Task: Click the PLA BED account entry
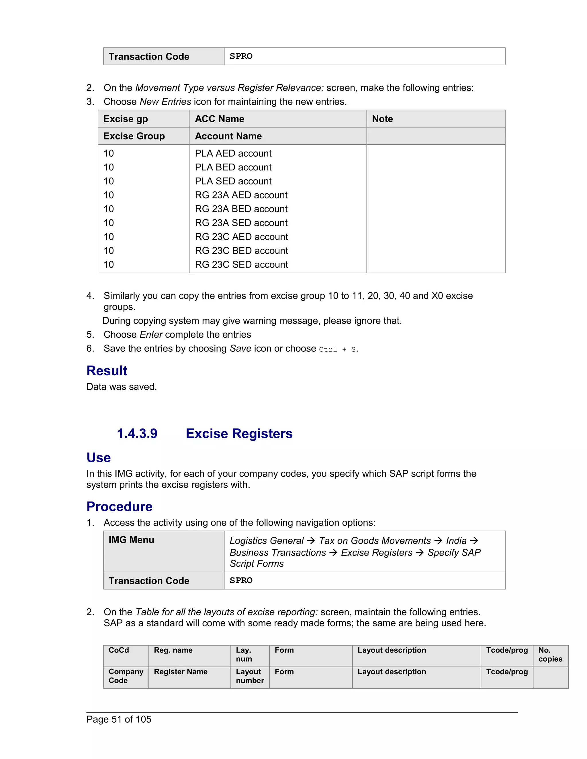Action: point(233,167)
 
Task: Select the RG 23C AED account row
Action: point(241,237)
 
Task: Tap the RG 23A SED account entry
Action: point(241,223)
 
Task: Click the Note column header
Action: point(382,119)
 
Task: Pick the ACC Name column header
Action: point(220,119)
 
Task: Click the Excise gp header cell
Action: point(126,119)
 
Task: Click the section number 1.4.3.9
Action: point(137,434)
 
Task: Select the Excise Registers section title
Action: point(239,434)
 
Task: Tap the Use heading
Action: point(98,458)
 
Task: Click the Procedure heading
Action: point(119,507)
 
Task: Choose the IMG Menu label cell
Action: point(131,540)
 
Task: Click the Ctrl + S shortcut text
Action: point(337,349)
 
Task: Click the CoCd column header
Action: point(119,650)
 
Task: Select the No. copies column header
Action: point(550,654)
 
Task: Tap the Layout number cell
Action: point(250,676)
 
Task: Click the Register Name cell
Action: point(181,672)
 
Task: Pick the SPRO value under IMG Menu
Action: point(241,580)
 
